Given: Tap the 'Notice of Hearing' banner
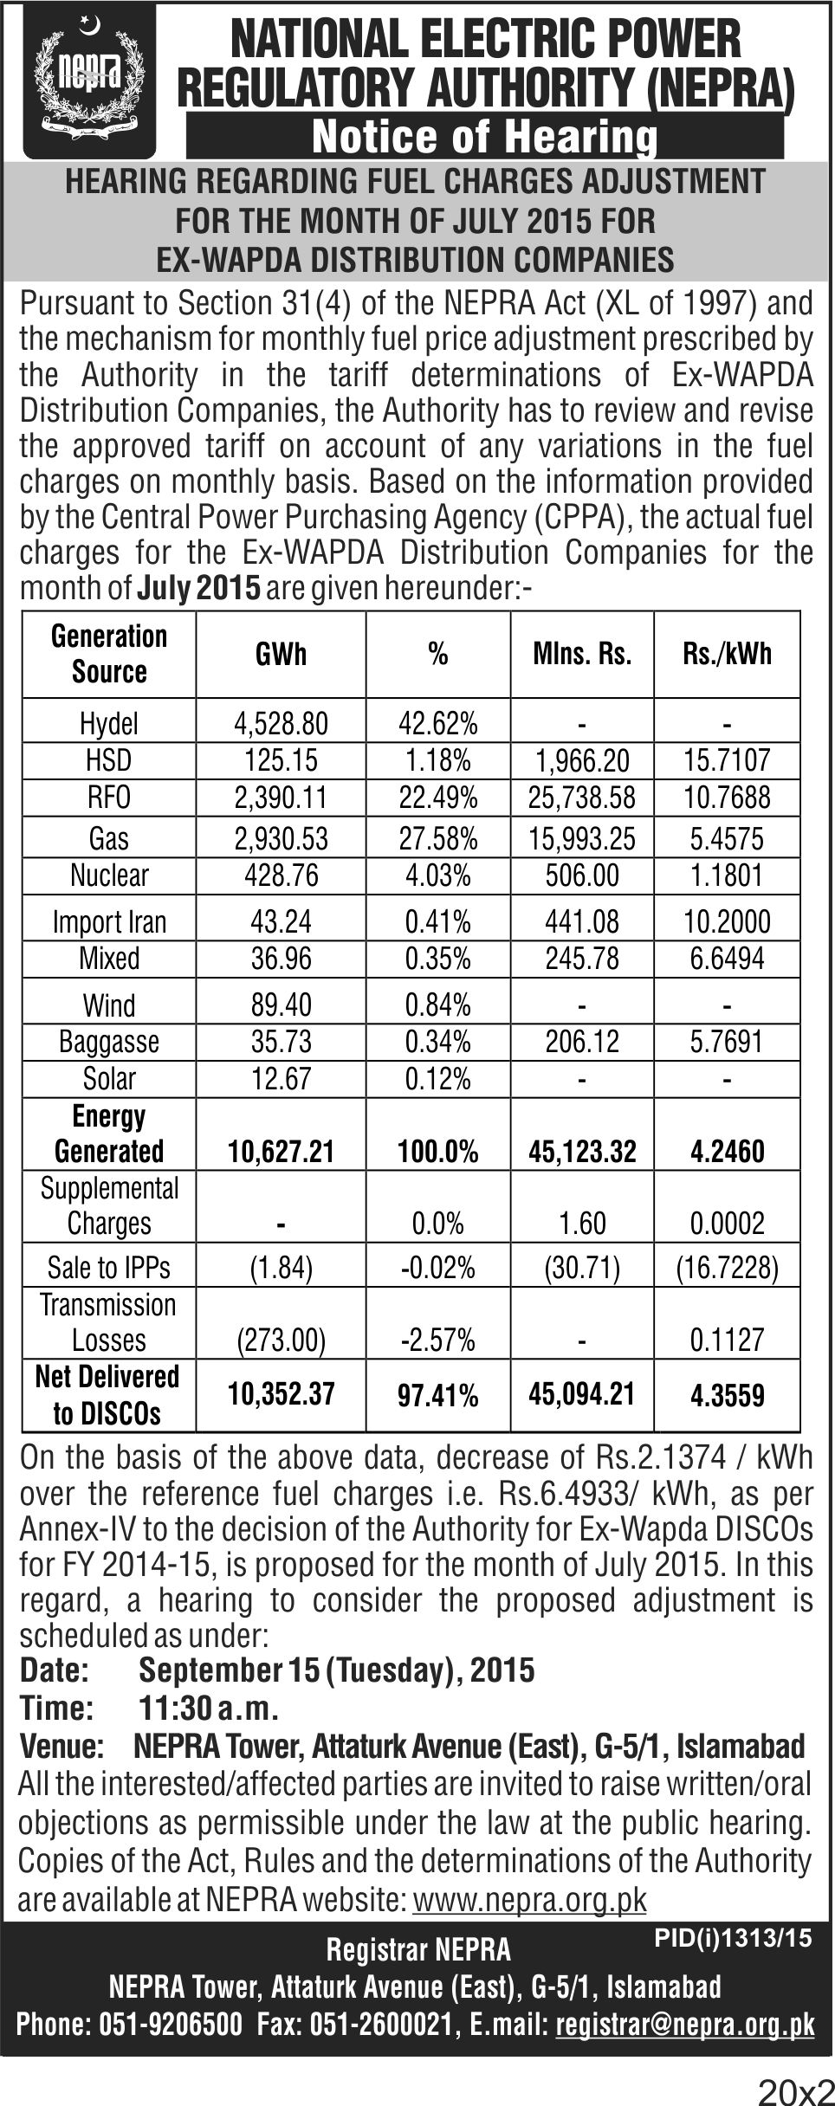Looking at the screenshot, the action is (485, 138).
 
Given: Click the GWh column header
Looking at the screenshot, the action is (282, 654).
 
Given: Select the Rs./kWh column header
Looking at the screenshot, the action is (727, 654).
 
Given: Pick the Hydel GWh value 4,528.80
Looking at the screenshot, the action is (282, 722).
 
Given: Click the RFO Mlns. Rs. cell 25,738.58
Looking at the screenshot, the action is (582, 797).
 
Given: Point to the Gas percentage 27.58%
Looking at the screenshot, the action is (438, 838).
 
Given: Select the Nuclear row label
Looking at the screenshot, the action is (109, 875).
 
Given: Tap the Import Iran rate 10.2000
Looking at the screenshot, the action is (727, 921).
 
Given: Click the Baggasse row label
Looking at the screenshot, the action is (109, 1042).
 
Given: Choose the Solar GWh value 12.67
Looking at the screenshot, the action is (282, 1078).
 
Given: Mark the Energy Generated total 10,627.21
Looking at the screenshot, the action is (282, 1151).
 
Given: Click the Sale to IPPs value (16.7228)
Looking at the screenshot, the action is (727, 1268).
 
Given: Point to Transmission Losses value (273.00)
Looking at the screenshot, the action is (282, 1340).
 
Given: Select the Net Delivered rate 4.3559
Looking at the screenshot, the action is (727, 1396).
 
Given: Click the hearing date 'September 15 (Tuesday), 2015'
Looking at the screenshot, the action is (337, 1670).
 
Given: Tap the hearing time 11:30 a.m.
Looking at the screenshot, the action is (209, 1708).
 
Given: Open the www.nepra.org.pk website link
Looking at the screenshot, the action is (530, 1899).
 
